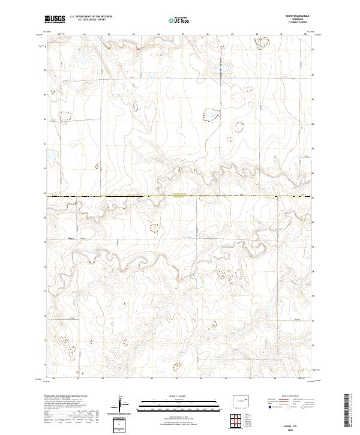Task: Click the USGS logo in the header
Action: coord(55,19)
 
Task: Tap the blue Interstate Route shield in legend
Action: coord(266,406)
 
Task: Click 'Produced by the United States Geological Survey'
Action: coord(67,397)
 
